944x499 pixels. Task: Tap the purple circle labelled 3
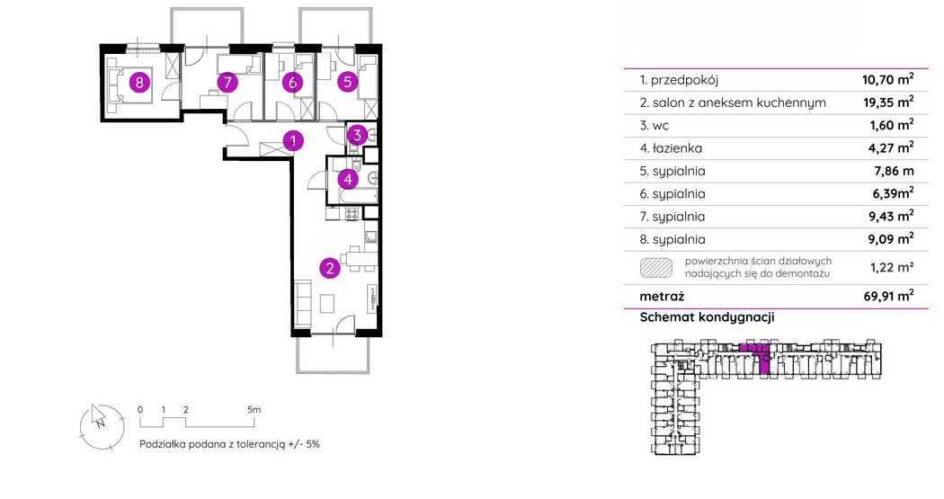coord(357,136)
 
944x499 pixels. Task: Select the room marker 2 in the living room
coord(330,268)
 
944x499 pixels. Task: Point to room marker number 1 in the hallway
coord(293,141)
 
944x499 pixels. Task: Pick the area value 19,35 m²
coord(888,102)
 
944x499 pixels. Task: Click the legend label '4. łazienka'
coord(671,148)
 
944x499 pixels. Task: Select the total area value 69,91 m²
coord(888,296)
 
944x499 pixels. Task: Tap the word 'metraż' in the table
coord(662,296)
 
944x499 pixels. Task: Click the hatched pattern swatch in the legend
coord(656,267)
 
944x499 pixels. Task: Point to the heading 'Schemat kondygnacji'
coord(707,317)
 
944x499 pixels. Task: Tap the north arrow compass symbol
coord(101,427)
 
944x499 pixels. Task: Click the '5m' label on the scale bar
coord(254,409)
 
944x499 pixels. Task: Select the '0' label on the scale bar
coord(140,409)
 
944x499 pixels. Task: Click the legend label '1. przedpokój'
coord(679,80)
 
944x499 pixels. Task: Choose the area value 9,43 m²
coord(888,216)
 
